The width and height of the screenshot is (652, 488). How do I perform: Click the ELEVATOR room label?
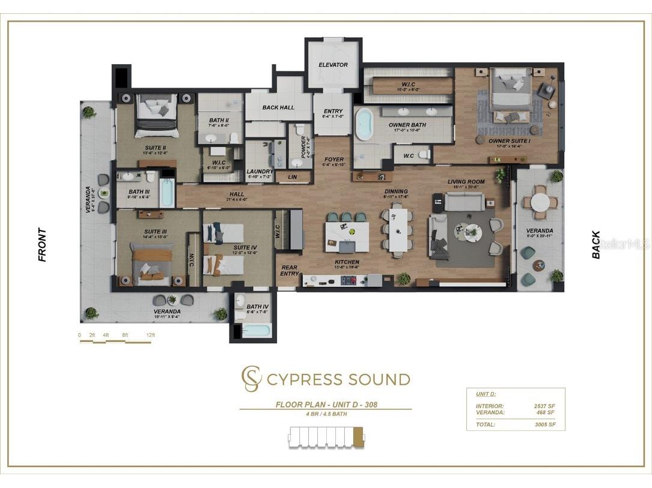333,65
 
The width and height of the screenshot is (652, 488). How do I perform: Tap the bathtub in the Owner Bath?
364,124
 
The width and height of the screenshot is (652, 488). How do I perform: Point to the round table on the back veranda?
540,202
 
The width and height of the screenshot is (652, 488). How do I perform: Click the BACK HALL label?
278,107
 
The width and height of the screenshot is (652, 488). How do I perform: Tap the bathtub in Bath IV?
257,330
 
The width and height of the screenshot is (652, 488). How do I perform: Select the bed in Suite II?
156,111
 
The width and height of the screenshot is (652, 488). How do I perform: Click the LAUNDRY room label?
260,171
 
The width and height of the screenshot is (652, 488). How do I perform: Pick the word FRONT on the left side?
42,245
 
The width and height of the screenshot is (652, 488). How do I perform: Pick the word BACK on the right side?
596,245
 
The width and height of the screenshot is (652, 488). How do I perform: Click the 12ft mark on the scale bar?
150,335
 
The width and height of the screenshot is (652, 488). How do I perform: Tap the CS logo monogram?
251,379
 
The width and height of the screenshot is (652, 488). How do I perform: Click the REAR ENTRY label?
289,271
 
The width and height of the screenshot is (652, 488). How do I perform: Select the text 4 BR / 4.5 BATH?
326,414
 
